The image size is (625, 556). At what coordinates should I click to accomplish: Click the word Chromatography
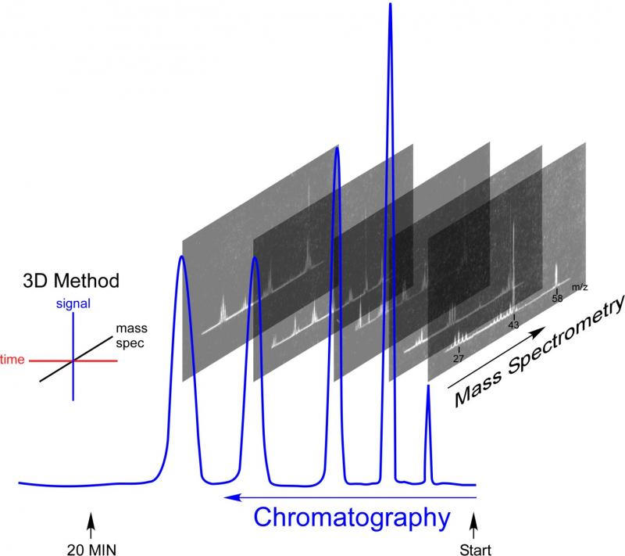click(x=353, y=518)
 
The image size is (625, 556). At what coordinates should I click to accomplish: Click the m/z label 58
click(x=557, y=298)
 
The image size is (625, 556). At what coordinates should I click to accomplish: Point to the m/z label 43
click(x=514, y=325)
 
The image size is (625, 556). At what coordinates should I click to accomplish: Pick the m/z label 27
click(x=459, y=358)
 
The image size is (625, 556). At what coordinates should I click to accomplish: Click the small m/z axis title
click(x=579, y=288)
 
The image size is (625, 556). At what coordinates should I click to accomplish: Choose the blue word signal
click(x=75, y=303)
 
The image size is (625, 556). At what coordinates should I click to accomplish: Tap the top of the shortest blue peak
click(x=427, y=386)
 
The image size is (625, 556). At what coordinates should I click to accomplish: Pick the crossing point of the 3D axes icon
click(x=73, y=361)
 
